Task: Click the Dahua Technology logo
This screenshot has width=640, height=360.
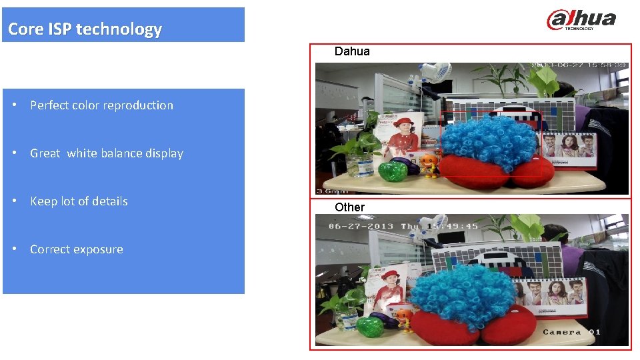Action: [x=581, y=19]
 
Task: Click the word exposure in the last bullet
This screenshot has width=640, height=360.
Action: [x=100, y=249]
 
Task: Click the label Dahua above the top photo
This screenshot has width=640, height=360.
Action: [x=352, y=51]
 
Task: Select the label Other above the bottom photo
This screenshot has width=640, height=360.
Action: [x=349, y=207]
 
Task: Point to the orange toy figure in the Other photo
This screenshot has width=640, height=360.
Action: [x=404, y=316]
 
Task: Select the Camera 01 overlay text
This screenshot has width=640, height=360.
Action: [x=571, y=332]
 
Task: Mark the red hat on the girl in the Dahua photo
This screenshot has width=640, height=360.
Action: [x=402, y=122]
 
